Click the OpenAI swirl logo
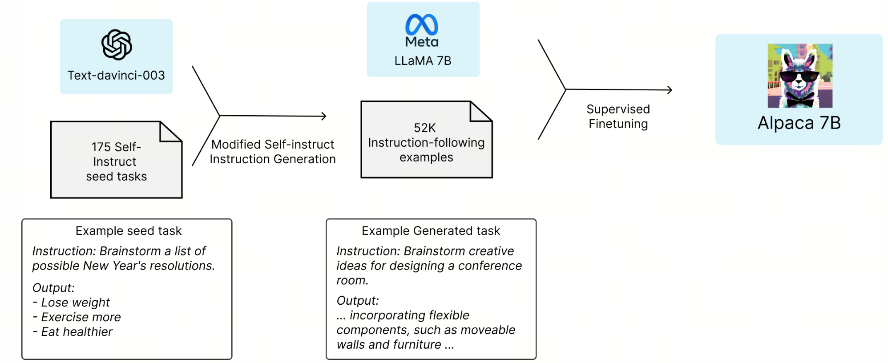tap(117, 44)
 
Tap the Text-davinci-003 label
tap(116, 75)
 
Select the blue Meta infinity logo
tap(422, 24)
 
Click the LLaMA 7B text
tap(423, 60)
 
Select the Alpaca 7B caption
tap(799, 123)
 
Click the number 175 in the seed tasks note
tap(101, 147)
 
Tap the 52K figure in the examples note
tap(425, 128)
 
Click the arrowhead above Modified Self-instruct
tap(324, 116)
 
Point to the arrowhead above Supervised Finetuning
tap(670, 90)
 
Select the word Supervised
tap(618, 109)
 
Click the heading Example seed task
tap(129, 230)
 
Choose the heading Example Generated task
tap(431, 230)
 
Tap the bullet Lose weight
tap(71, 302)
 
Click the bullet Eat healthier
tap(73, 332)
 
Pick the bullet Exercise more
tap(77, 317)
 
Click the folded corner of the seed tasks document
tap(171, 132)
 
